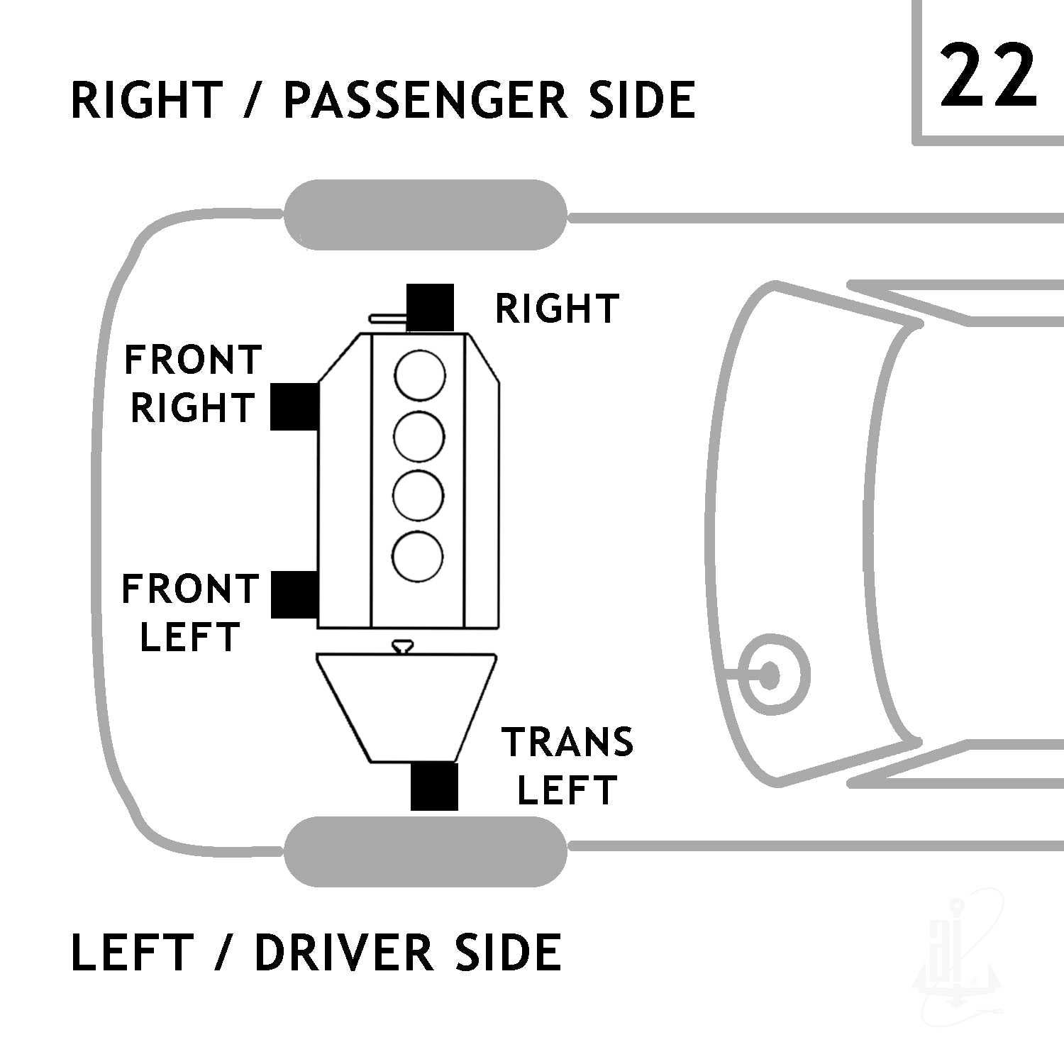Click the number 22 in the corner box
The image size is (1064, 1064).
[988, 74]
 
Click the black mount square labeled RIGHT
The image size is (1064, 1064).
[431, 307]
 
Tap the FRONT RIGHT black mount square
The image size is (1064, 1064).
[294, 406]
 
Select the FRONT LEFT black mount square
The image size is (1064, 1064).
[294, 594]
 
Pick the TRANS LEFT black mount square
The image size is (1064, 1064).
[434, 787]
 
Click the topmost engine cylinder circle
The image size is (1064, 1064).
[421, 375]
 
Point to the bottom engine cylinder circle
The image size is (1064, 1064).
[419, 555]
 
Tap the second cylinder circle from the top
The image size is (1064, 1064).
[419, 436]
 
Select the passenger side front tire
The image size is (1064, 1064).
[426, 214]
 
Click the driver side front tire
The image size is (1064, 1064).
[426, 851]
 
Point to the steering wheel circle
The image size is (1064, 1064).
[770, 675]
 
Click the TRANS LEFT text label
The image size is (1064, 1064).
[567, 766]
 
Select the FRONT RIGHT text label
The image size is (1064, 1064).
[193, 384]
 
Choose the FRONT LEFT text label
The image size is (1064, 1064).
[190, 613]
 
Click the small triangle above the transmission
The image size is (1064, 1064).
[404, 645]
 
